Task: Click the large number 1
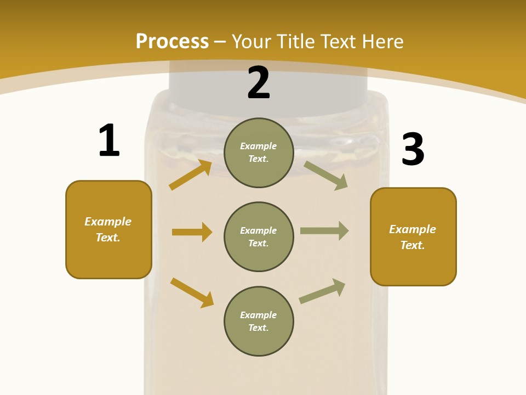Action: pyautogui.click(x=109, y=140)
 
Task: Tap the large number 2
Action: pyautogui.click(x=259, y=83)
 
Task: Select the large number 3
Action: pyautogui.click(x=413, y=149)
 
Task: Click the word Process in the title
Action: pyautogui.click(x=172, y=41)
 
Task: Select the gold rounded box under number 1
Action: pyautogui.click(x=108, y=229)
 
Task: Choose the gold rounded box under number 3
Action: pyautogui.click(x=413, y=236)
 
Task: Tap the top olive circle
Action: pyautogui.click(x=259, y=153)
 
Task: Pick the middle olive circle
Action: pyautogui.click(x=259, y=236)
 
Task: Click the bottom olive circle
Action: pyautogui.click(x=259, y=321)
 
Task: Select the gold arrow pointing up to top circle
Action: pyautogui.click(x=191, y=175)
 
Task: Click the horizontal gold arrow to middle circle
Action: pyautogui.click(x=192, y=232)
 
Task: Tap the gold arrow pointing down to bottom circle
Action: pyautogui.click(x=192, y=292)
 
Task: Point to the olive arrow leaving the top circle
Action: pyautogui.click(x=326, y=175)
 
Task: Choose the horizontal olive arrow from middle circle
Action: pyautogui.click(x=324, y=231)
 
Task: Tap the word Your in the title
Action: pyautogui.click(x=251, y=41)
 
